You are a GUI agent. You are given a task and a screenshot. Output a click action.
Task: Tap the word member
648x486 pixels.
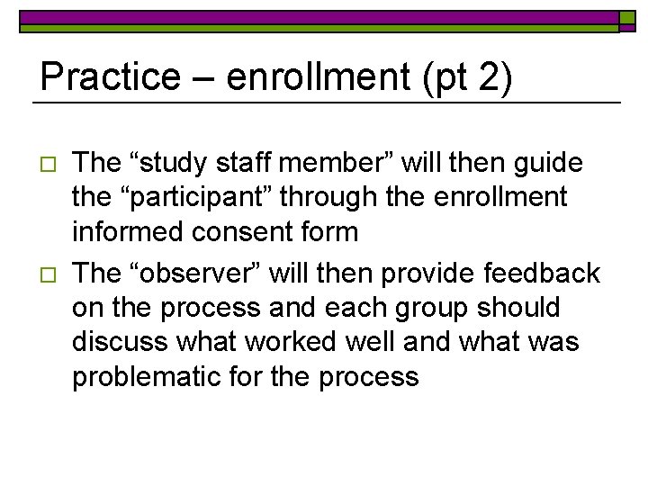point(346,163)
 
